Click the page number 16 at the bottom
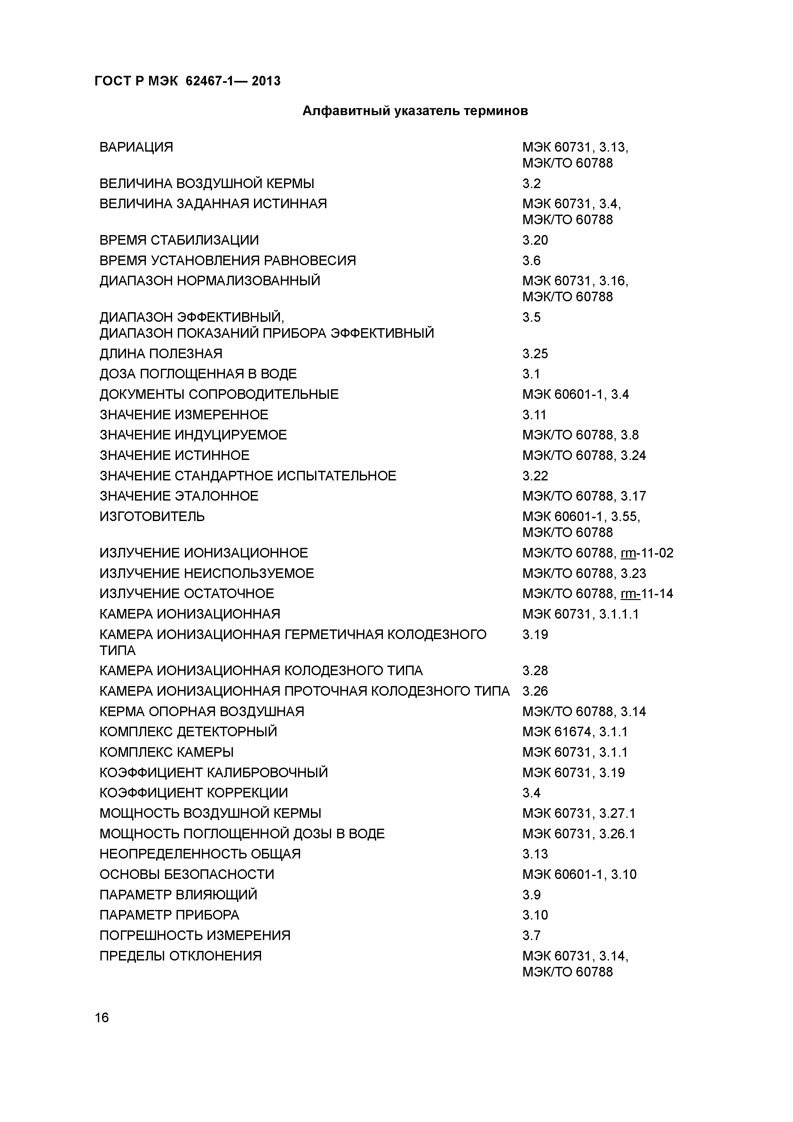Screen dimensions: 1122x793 click(102, 1018)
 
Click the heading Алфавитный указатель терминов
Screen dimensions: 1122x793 click(415, 111)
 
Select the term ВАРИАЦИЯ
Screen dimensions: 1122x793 click(136, 147)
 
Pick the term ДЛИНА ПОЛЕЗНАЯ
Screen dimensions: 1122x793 click(161, 354)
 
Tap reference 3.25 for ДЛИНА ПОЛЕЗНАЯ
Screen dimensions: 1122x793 click(535, 354)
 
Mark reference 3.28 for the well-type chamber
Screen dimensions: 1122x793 click(535, 671)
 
